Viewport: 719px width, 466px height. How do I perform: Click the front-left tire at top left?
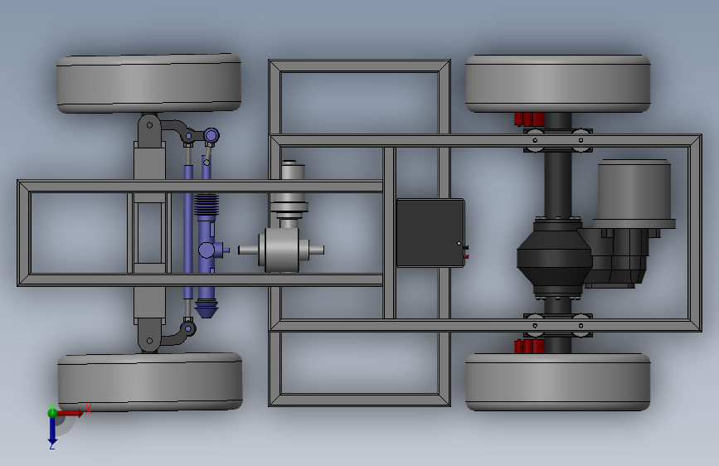point(149,83)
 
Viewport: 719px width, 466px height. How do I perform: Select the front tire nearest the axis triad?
point(150,381)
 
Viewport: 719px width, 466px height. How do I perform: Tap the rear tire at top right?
point(558,84)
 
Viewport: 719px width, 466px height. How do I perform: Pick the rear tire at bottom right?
point(558,382)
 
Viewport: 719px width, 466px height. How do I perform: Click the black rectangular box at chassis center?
point(430,232)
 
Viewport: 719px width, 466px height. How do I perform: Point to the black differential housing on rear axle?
point(555,258)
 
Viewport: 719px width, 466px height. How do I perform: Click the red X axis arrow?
point(70,413)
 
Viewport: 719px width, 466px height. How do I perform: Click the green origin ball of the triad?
point(52,413)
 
